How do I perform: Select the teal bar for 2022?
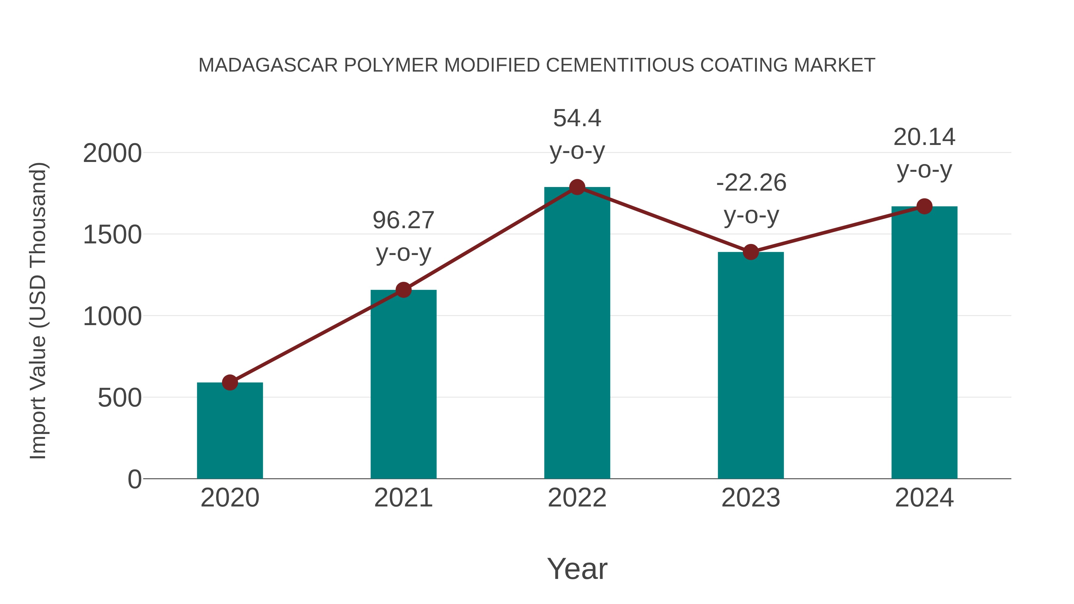(577, 333)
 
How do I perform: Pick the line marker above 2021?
(403, 290)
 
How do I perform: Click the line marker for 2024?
(924, 206)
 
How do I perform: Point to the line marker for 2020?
(230, 382)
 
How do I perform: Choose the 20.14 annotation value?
(924, 137)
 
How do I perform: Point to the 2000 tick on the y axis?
(112, 153)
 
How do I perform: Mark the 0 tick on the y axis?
(134, 479)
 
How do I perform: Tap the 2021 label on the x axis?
(403, 498)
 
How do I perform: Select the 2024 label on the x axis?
(924, 498)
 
